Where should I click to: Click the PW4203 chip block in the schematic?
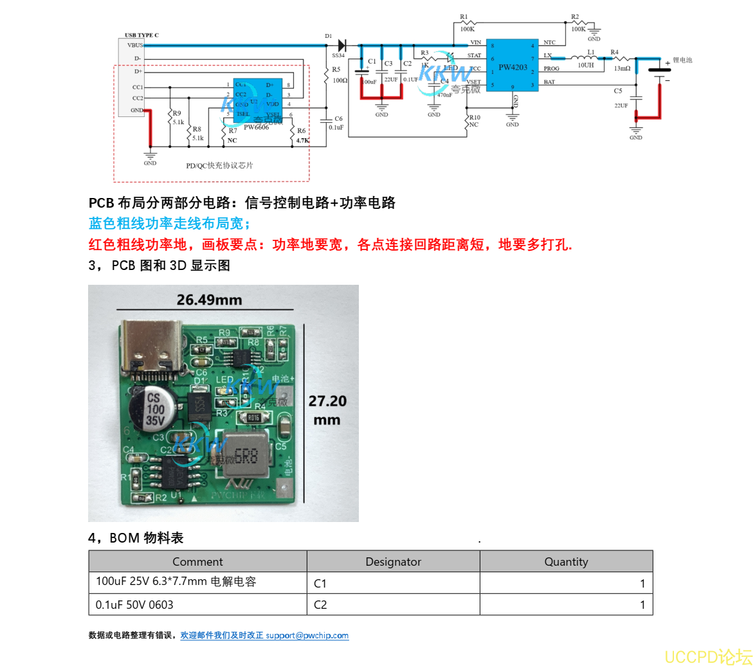(x=513, y=64)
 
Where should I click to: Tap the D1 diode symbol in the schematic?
(x=341, y=45)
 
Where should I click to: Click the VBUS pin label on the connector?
(x=134, y=45)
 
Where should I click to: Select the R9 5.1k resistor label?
(x=176, y=117)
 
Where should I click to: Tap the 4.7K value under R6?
(x=302, y=140)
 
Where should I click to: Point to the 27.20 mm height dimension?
(x=327, y=410)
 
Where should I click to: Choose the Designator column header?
(x=393, y=561)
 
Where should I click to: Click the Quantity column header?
(x=566, y=561)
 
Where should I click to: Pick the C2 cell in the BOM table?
(x=320, y=604)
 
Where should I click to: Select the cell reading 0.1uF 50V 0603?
(x=134, y=604)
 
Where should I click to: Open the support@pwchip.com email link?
(x=307, y=635)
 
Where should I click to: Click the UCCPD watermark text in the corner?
(x=707, y=656)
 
